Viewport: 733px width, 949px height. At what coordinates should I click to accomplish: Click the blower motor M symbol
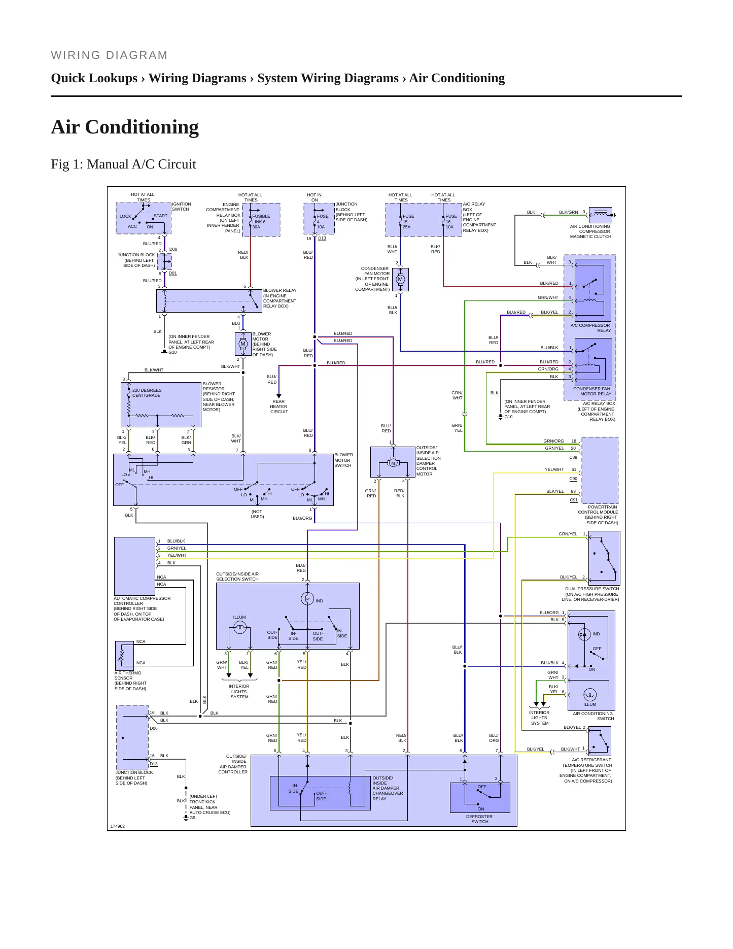click(x=242, y=344)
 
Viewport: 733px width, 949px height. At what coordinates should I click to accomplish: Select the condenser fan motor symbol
click(x=400, y=279)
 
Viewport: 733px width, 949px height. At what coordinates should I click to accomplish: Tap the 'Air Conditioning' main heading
click(x=125, y=127)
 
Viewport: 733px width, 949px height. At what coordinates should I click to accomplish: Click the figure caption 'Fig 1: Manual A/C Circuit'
click(x=123, y=164)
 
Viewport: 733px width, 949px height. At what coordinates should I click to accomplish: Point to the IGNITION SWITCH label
click(x=181, y=207)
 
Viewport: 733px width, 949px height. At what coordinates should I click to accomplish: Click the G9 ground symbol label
click(x=192, y=818)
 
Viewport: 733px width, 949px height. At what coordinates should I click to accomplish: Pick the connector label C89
click(x=573, y=457)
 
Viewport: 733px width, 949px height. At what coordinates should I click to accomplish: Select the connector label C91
click(x=574, y=500)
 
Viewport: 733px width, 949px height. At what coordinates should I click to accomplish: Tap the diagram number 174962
click(x=118, y=826)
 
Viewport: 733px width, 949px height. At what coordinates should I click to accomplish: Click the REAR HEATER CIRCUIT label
click(x=278, y=406)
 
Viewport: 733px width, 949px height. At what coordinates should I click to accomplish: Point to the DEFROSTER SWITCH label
click(x=479, y=819)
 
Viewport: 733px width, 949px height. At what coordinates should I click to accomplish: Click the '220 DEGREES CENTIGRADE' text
click(x=147, y=393)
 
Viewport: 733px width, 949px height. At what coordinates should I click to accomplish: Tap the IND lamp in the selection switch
click(x=307, y=599)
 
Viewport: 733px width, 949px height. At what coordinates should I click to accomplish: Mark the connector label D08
click(x=173, y=250)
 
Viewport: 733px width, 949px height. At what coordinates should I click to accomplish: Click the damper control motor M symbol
click(x=393, y=463)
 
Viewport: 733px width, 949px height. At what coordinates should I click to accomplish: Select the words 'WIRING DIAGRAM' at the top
click(x=109, y=55)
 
